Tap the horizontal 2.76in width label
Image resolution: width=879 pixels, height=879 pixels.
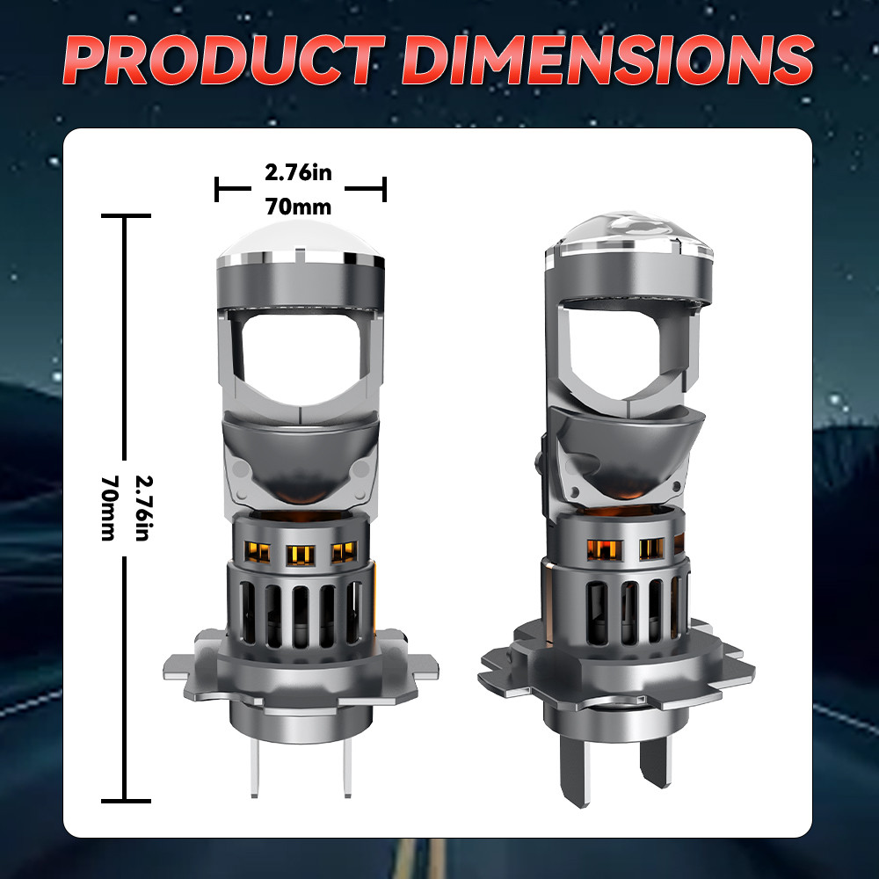[298, 172]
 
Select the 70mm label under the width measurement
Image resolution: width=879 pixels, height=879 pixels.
[298, 207]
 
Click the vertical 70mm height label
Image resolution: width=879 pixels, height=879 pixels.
[109, 508]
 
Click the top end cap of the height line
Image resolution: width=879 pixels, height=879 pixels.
[126, 214]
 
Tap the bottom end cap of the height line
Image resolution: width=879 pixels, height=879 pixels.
[126, 802]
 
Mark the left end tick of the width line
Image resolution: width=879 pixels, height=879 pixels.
[216, 188]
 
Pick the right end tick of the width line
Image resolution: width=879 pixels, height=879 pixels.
[384, 188]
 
